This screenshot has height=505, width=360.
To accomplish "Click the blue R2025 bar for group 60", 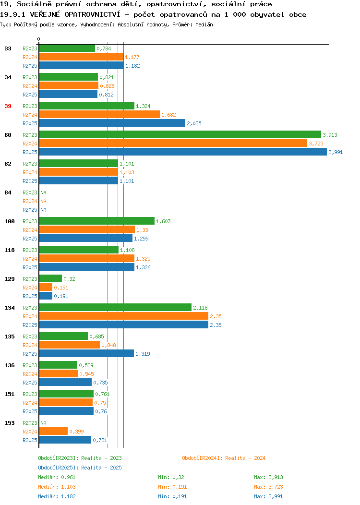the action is (x=183, y=152).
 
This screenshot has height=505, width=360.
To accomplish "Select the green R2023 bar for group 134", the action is (x=115, y=308).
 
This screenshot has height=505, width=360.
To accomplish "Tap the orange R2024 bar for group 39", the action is (x=99, y=115).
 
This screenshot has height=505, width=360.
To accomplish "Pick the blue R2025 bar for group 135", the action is (x=86, y=354).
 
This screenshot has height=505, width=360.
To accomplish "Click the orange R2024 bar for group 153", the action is (x=53, y=432).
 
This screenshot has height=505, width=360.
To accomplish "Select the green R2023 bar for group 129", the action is (x=50, y=279).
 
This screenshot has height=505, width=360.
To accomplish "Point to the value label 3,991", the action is (x=336, y=152).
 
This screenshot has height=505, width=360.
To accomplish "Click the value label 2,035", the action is (x=194, y=124).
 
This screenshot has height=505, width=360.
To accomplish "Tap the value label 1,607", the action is (x=163, y=222).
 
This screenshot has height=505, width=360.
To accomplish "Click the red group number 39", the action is (x=8, y=106).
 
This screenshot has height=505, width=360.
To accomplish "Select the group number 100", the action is (x=10, y=222).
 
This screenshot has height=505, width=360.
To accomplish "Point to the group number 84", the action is (x=8, y=192).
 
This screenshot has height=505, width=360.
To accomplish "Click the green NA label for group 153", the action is (x=44, y=423).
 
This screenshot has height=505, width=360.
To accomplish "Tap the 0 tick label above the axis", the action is (x=39, y=39).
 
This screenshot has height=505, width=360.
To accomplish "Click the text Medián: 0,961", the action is (x=57, y=477).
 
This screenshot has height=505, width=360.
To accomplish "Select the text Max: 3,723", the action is (x=268, y=487).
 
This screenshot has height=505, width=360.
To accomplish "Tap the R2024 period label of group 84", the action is (x=30, y=201).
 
